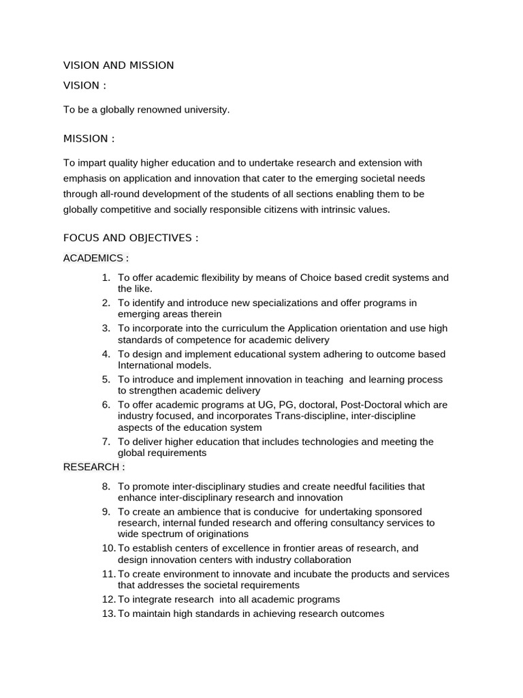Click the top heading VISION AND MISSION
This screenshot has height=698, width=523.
[x=118, y=65]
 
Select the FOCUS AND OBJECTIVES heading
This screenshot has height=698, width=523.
[x=131, y=238]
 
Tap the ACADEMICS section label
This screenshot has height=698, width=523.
[x=96, y=258]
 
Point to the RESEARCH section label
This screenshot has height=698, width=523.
[x=94, y=467]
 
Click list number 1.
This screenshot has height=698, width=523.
[x=106, y=277]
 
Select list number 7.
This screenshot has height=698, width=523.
[x=106, y=442]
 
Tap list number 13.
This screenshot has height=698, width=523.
[x=109, y=613]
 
